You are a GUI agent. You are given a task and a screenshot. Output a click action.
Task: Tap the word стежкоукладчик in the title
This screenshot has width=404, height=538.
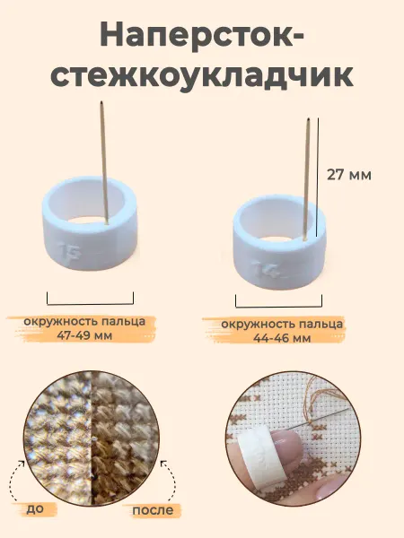202,76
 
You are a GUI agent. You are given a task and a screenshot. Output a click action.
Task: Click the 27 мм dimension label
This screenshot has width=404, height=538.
349,175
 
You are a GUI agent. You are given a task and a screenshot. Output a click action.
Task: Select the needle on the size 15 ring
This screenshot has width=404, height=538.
104,162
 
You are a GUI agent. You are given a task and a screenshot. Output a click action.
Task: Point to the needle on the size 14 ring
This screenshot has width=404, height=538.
307,178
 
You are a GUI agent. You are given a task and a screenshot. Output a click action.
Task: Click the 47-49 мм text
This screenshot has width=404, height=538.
84,335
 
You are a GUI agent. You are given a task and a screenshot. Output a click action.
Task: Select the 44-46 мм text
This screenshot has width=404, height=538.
282,338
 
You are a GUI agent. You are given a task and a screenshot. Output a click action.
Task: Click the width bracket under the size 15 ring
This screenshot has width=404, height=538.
90,303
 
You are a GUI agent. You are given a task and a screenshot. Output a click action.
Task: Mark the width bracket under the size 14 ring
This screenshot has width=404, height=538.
278,307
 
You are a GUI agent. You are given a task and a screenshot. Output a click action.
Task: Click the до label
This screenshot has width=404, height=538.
35,508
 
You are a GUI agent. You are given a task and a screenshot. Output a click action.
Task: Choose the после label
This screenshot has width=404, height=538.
153,510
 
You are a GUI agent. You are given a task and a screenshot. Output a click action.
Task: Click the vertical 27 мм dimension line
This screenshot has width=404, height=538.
318,178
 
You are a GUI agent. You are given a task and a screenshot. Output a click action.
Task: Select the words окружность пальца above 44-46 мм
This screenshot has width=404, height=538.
282,325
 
